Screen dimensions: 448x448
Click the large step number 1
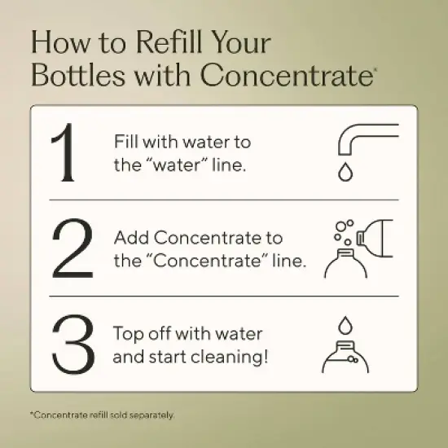63,152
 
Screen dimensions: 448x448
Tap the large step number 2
72,248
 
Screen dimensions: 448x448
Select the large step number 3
73,344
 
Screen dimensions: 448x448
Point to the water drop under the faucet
345,172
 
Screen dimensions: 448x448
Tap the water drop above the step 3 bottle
345,325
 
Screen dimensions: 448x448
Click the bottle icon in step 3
345,357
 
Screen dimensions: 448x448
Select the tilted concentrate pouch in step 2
375,239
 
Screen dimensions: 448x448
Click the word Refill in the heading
169,42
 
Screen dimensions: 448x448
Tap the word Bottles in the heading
78,75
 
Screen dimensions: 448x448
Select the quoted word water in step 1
177,165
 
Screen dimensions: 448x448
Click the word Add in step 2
131,237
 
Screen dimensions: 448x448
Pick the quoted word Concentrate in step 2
207,261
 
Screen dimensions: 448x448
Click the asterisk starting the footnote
32,413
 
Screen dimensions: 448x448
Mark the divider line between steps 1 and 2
224,200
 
